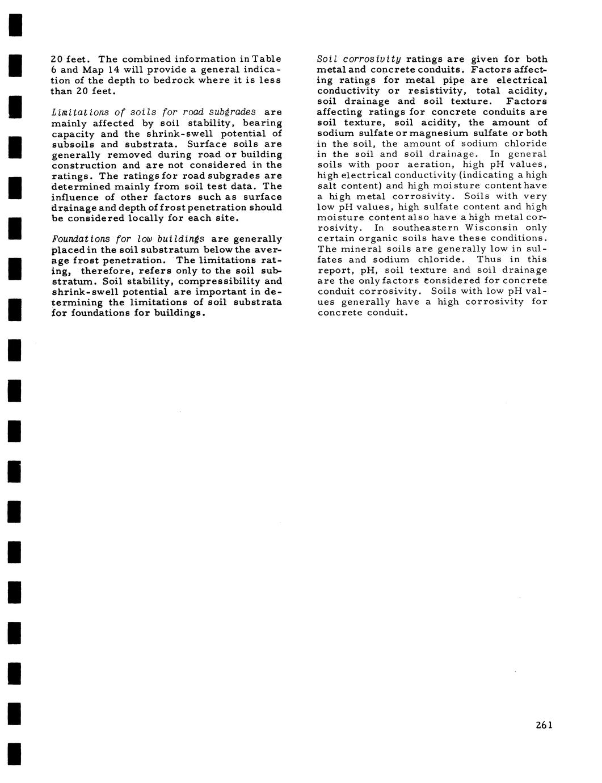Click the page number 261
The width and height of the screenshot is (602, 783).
pyautogui.click(x=543, y=725)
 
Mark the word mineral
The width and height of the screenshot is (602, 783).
pyautogui.click(x=358, y=249)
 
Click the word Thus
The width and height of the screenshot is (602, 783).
pyautogui.click(x=489, y=259)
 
